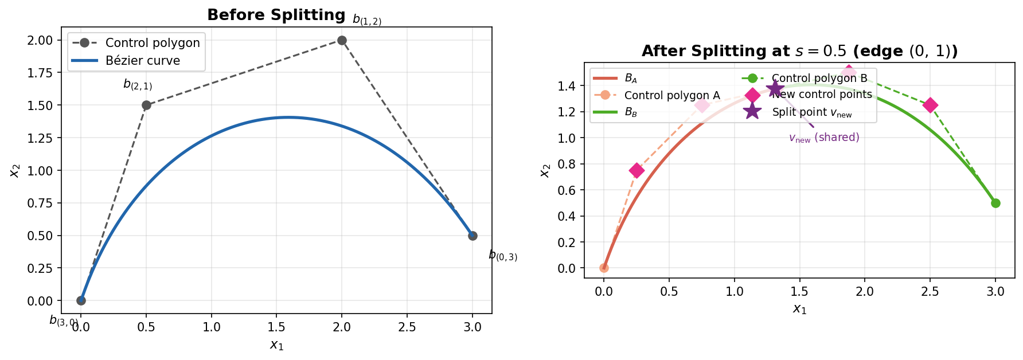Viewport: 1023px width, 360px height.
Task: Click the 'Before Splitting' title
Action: [276, 15]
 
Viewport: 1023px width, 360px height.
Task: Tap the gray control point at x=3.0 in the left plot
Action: [473, 236]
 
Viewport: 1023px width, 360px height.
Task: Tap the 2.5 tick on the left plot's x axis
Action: [407, 327]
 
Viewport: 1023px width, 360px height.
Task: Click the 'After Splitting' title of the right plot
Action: [799, 51]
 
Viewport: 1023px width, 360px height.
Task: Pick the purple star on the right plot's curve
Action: [775, 88]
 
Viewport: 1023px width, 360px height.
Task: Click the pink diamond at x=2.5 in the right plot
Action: [930, 105]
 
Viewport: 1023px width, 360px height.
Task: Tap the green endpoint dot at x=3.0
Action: [995, 203]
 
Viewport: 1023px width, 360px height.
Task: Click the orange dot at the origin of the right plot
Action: [604, 268]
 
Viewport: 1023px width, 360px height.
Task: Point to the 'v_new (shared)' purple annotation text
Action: [824, 138]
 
